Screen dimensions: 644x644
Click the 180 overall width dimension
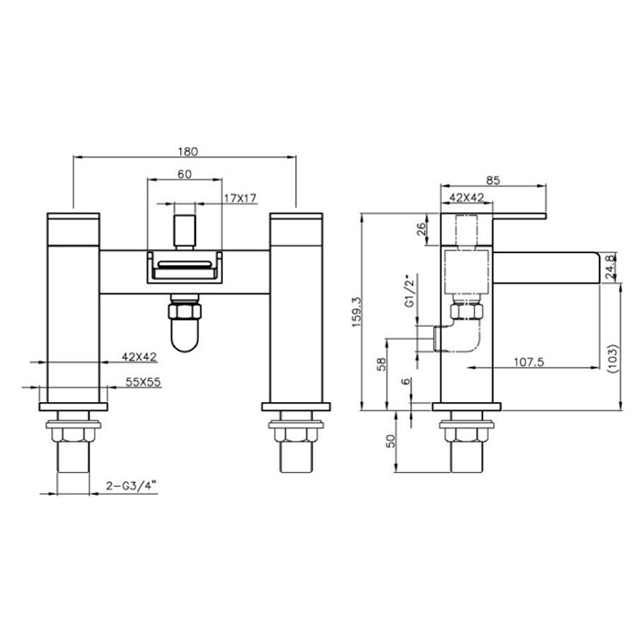[x=188, y=152]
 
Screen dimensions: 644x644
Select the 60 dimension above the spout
[x=184, y=174]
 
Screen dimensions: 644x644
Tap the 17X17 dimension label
[x=240, y=199]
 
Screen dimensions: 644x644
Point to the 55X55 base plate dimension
[x=143, y=382]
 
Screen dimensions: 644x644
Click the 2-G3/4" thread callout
[x=132, y=486]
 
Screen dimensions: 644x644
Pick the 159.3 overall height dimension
[x=356, y=312]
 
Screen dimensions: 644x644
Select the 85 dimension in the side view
[x=493, y=180]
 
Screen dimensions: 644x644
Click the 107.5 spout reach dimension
[x=529, y=362]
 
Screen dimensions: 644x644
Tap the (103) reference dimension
[x=612, y=359]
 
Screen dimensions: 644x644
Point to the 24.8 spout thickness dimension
[x=610, y=267]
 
